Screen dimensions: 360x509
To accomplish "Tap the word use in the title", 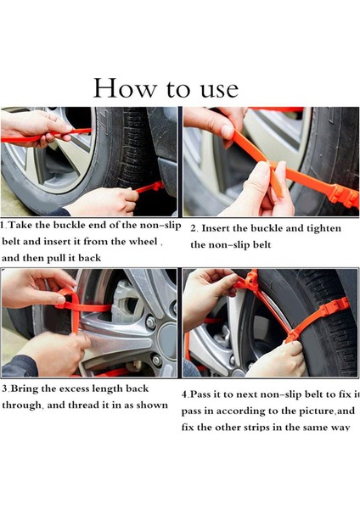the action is [x=219, y=91].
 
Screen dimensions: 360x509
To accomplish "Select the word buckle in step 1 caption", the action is [x=68, y=225].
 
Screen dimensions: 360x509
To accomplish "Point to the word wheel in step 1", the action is [x=143, y=242].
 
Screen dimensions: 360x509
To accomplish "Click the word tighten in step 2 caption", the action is [x=324, y=228].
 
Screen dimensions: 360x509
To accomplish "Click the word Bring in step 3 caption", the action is [x=23, y=389].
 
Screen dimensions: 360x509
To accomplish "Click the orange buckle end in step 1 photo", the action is [x=155, y=187].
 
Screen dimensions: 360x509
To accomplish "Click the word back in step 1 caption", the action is [x=89, y=258].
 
